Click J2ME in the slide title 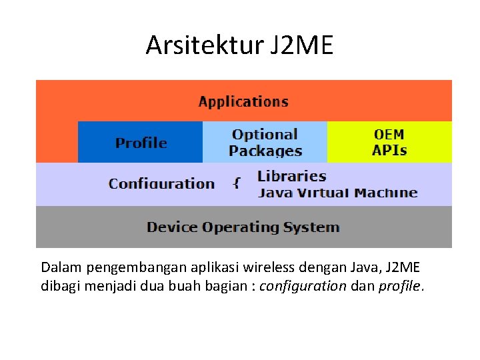(301, 45)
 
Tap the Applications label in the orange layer (243, 102)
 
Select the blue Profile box (141, 143)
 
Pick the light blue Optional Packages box (265, 143)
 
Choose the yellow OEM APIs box (389, 143)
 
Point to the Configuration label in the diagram (161, 184)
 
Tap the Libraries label (291, 177)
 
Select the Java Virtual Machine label (337, 193)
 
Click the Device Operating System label (243, 227)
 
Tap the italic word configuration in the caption (303, 287)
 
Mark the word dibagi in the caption (59, 287)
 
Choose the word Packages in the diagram (265, 151)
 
